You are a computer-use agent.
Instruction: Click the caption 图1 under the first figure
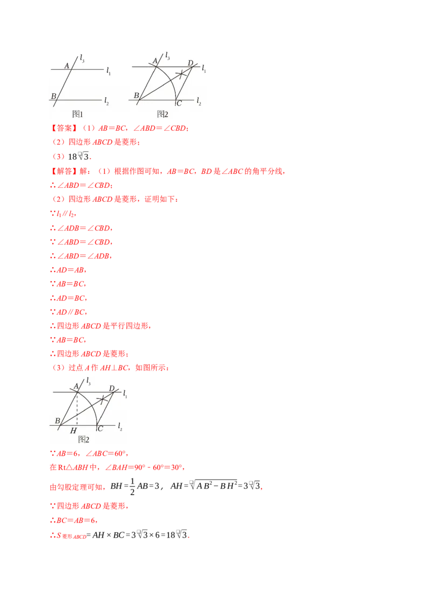point(77,114)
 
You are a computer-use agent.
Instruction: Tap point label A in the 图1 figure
point(67,65)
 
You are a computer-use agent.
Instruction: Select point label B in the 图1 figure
point(53,96)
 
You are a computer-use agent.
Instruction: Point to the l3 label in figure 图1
point(82,58)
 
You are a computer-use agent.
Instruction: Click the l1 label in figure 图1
point(109,70)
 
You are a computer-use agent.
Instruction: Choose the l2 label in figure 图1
point(106,101)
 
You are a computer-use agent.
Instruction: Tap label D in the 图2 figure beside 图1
point(190,63)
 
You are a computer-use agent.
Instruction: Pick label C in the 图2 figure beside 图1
point(179,103)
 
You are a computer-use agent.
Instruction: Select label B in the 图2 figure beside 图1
point(137,96)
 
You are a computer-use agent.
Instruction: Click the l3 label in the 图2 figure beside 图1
point(167,56)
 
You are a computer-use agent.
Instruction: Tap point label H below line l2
point(73,430)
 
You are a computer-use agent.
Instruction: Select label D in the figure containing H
point(112,388)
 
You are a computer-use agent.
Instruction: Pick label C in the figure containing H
point(100,429)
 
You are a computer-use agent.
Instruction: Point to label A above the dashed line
point(76,385)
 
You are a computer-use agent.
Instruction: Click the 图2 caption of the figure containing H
point(84,439)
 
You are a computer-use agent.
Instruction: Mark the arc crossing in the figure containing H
point(103,399)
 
